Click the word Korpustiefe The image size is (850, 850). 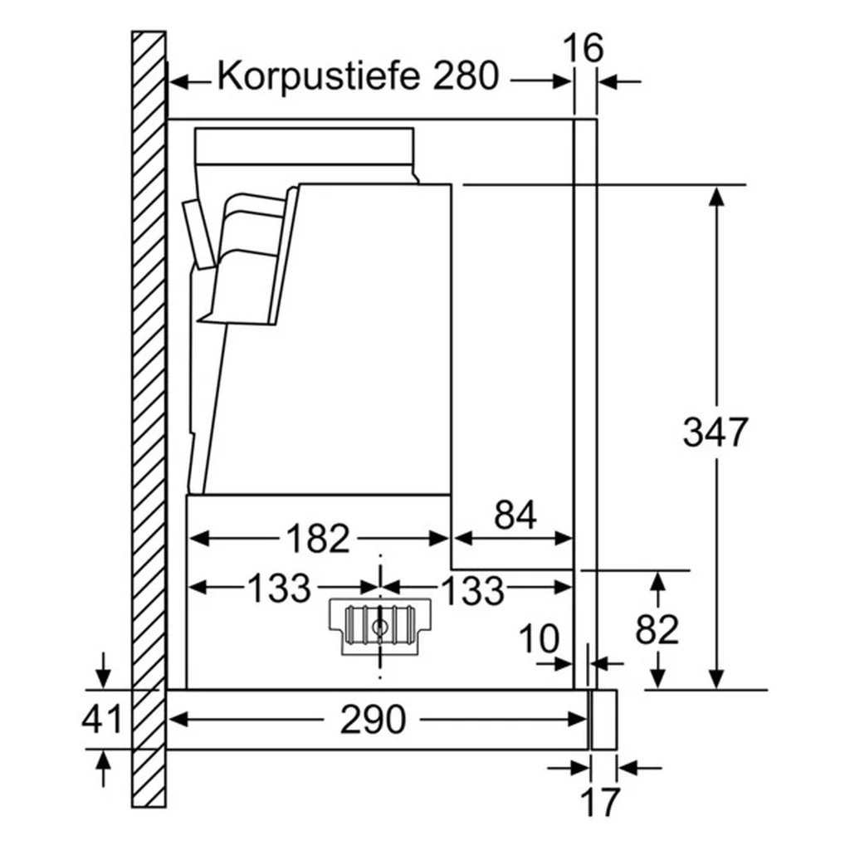pyautogui.click(x=319, y=76)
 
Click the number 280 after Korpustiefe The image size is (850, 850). pyautogui.click(x=466, y=76)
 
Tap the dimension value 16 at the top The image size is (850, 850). pyautogui.click(x=583, y=47)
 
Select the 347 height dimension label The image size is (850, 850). pyautogui.click(x=716, y=432)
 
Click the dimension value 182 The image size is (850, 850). pyautogui.click(x=318, y=538)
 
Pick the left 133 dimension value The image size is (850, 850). pyautogui.click(x=280, y=588)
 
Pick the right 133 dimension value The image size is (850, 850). pyautogui.click(x=472, y=590)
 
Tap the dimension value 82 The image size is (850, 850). pyautogui.click(x=657, y=629)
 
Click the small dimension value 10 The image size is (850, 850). pyautogui.click(x=538, y=638)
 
